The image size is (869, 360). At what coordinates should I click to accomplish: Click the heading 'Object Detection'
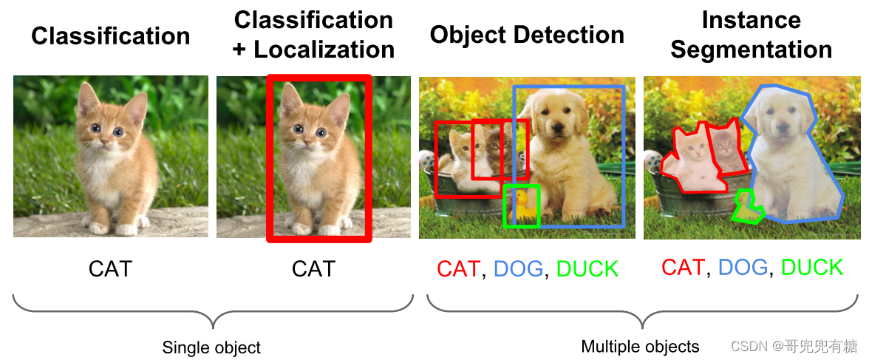point(527,35)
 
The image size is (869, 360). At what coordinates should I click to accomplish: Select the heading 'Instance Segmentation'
point(751,35)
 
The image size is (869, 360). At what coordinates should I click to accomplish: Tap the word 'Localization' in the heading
point(324,50)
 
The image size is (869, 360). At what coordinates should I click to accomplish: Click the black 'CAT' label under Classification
point(111,269)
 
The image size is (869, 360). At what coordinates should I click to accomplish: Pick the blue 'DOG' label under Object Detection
point(518,269)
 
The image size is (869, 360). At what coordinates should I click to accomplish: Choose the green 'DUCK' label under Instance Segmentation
point(812,268)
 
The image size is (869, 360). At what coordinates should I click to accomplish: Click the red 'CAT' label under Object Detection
point(458,269)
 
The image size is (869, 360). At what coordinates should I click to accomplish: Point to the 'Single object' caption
point(211,347)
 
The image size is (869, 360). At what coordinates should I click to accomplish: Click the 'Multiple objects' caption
point(640,347)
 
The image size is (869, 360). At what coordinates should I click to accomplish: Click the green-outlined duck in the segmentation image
point(747,206)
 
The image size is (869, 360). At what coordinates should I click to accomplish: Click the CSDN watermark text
point(794,347)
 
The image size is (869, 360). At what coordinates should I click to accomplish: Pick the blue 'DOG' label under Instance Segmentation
point(743,268)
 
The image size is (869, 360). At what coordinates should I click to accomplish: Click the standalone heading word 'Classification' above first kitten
point(111,37)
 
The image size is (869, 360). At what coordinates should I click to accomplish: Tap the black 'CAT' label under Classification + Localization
point(313,269)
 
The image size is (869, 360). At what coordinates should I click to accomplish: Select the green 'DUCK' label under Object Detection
point(587,269)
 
